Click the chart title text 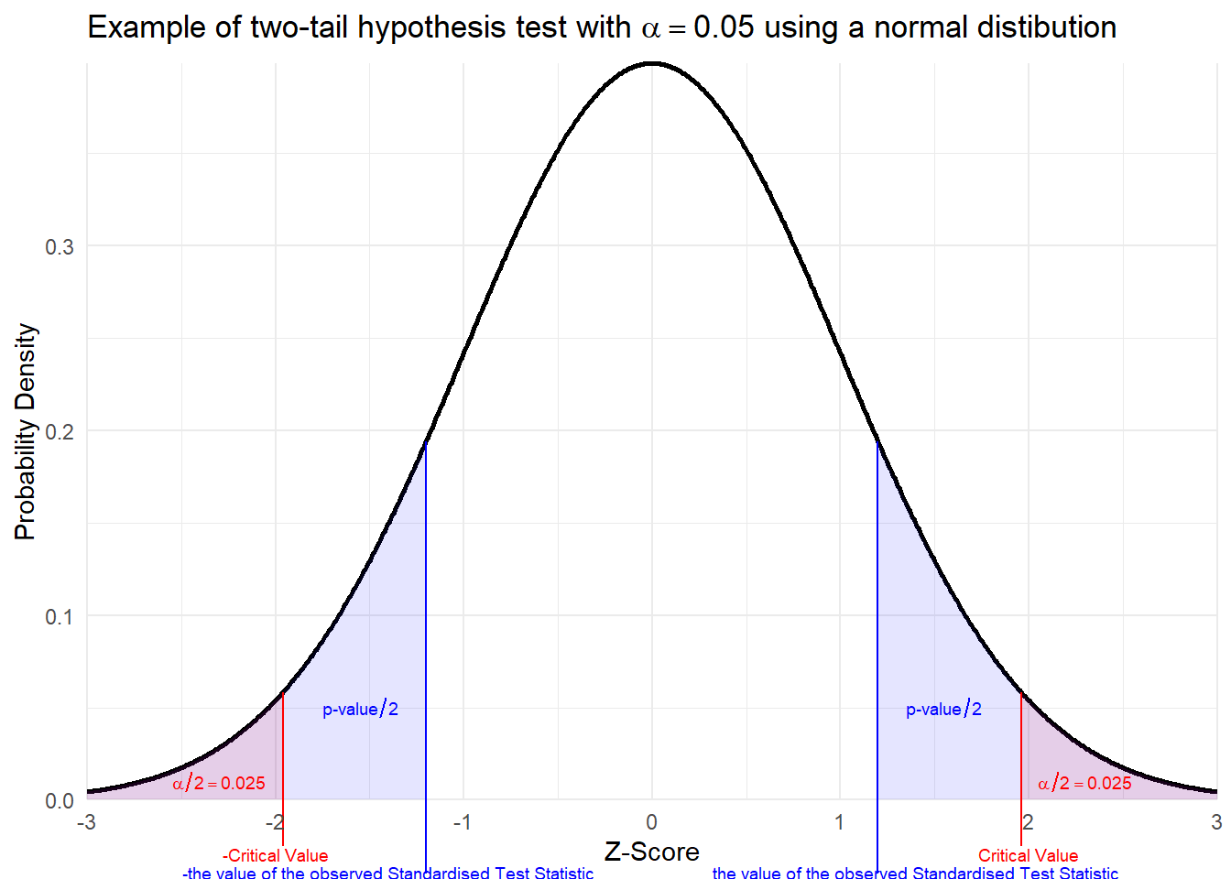[x=602, y=27]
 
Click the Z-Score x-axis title [x=651, y=852]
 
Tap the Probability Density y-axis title [x=26, y=431]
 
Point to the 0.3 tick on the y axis [x=60, y=247]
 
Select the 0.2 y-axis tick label [x=60, y=432]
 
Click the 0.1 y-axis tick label [x=60, y=616]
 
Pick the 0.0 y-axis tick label [x=60, y=801]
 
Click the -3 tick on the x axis [x=86, y=822]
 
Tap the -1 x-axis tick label [x=462, y=822]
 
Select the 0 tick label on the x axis [x=651, y=822]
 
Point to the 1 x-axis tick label [x=839, y=822]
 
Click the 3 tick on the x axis [x=1215, y=822]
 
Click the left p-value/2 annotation [x=360, y=709]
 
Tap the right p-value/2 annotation [x=943, y=709]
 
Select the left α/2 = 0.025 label [x=219, y=783]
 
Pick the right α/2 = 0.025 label [x=1084, y=783]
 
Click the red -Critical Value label [x=275, y=855]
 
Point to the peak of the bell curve [x=651, y=63]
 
